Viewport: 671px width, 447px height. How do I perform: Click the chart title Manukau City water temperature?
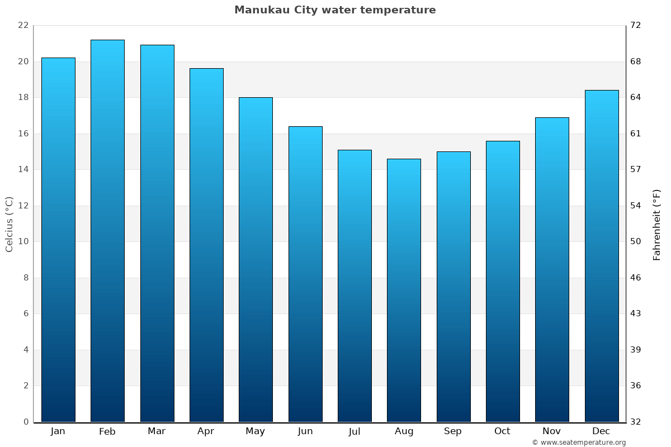pyautogui.click(x=335, y=10)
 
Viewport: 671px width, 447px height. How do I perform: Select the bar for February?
pyautogui.click(x=107, y=231)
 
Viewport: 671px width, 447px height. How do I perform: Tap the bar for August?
pyautogui.click(x=404, y=290)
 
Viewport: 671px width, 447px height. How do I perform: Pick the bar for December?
pyautogui.click(x=602, y=256)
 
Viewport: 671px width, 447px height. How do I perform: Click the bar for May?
pyautogui.click(x=256, y=259)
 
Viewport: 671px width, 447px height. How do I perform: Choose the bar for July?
pyautogui.click(x=355, y=286)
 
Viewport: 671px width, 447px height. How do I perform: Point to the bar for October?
pyautogui.click(x=503, y=281)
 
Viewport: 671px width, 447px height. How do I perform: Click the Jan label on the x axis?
pyautogui.click(x=58, y=431)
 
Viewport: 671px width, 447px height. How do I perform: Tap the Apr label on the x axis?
pyautogui.click(x=206, y=431)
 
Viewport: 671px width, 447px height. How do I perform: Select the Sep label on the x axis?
pyautogui.click(x=453, y=431)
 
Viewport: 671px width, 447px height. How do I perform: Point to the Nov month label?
pyautogui.click(x=552, y=431)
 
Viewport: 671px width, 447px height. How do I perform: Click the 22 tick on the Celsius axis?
pyautogui.click(x=23, y=25)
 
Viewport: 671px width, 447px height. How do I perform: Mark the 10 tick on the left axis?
pyautogui.click(x=23, y=241)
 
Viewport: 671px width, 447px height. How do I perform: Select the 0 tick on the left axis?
pyautogui.click(x=26, y=422)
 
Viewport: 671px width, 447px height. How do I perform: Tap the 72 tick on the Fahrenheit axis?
pyautogui.click(x=636, y=25)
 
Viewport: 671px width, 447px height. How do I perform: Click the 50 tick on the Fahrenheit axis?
pyautogui.click(x=636, y=241)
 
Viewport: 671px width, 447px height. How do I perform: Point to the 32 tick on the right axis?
pyautogui.click(x=636, y=422)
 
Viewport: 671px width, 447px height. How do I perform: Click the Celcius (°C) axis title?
pyautogui.click(x=9, y=224)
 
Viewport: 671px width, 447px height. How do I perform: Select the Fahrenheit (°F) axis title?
pyautogui.click(x=657, y=224)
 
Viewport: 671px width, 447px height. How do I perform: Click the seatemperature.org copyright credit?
pyautogui.click(x=579, y=443)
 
